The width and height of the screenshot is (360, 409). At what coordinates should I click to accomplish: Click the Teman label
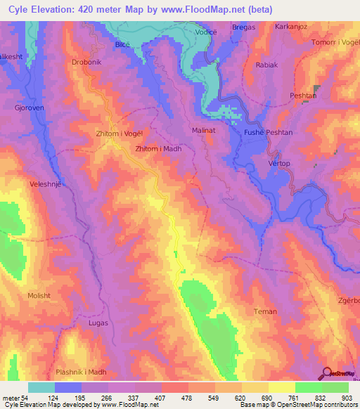click(x=265, y=311)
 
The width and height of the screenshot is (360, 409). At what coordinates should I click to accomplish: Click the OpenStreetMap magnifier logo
click(x=327, y=374)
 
